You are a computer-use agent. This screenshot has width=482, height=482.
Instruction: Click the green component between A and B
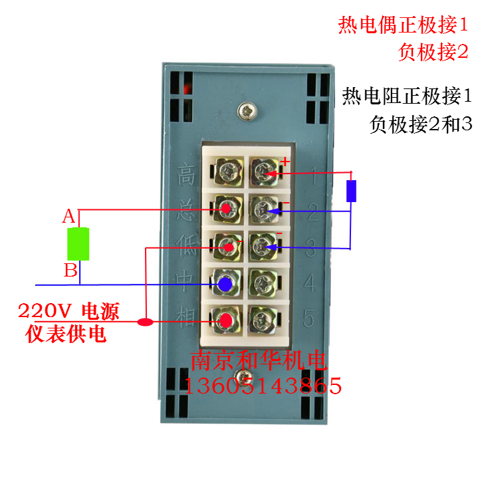78,244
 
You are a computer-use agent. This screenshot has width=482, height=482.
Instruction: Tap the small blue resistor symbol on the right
352,190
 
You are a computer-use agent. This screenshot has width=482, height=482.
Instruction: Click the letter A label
68,216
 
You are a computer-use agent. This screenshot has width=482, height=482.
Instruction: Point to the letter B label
70,271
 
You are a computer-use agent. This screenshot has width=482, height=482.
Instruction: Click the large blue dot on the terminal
225,285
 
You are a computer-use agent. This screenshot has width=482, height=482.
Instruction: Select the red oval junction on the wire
144,323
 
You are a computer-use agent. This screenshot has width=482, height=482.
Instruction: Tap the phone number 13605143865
266,385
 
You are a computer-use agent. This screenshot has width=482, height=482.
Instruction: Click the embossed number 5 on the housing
308,319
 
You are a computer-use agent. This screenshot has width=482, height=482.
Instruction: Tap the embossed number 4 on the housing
309,285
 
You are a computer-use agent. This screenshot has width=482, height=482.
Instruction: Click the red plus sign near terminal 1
285,161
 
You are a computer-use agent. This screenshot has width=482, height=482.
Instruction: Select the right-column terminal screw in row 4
262,285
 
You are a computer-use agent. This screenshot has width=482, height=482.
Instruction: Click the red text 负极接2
434,53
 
